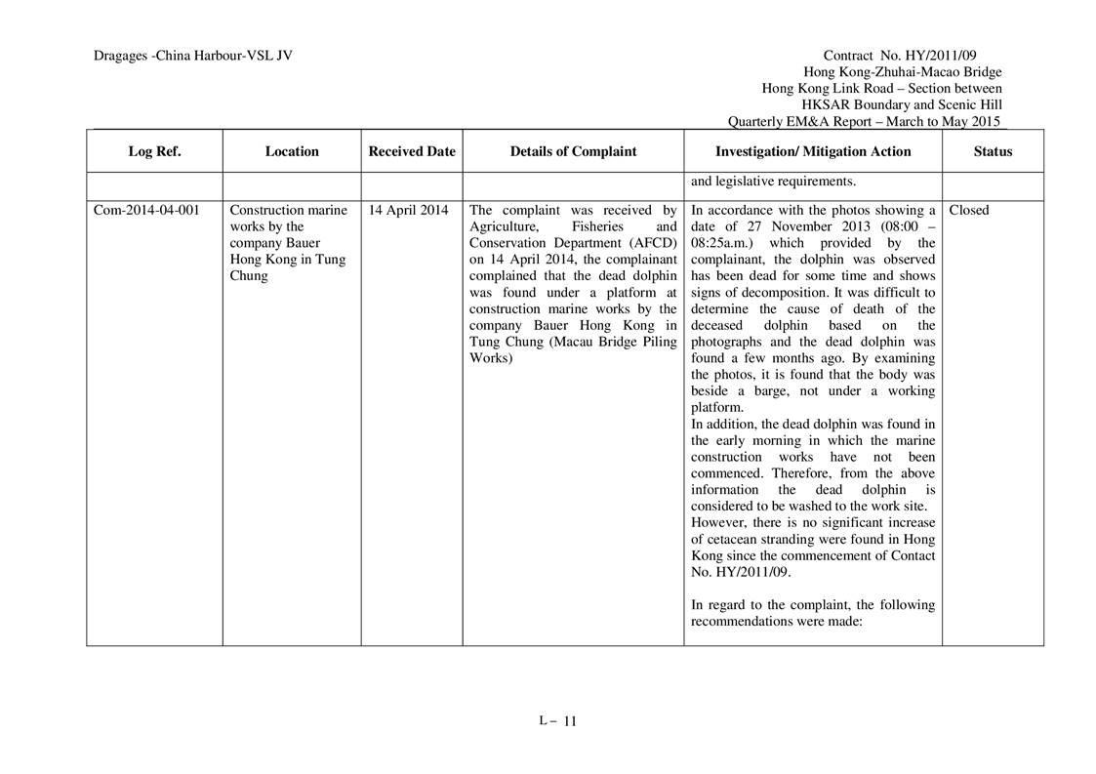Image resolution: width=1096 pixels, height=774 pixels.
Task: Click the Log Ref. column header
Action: click(x=154, y=151)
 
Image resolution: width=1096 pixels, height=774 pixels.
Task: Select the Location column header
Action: click(x=292, y=151)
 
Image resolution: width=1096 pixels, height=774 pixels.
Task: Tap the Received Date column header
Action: click(x=412, y=151)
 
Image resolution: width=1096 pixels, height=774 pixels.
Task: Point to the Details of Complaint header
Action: click(x=573, y=151)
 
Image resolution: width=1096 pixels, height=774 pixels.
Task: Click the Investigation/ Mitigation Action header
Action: click(x=813, y=151)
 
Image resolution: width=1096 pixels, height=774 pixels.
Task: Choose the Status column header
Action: click(x=993, y=151)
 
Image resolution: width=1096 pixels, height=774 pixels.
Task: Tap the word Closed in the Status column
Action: click(x=968, y=210)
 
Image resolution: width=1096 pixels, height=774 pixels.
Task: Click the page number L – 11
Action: click(x=557, y=721)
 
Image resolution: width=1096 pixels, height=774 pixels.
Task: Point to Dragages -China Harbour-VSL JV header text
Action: click(x=193, y=56)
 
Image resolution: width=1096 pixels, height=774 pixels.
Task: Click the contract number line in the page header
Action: click(x=913, y=56)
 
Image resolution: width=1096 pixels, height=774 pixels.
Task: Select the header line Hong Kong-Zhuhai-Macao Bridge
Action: click(x=902, y=72)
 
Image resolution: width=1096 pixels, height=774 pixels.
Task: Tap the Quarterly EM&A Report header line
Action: click(x=865, y=122)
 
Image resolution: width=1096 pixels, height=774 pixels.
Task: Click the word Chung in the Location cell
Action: click(x=247, y=276)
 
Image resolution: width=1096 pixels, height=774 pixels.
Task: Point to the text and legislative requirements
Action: click(x=774, y=181)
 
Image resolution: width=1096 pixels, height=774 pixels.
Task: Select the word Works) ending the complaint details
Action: click(x=490, y=358)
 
